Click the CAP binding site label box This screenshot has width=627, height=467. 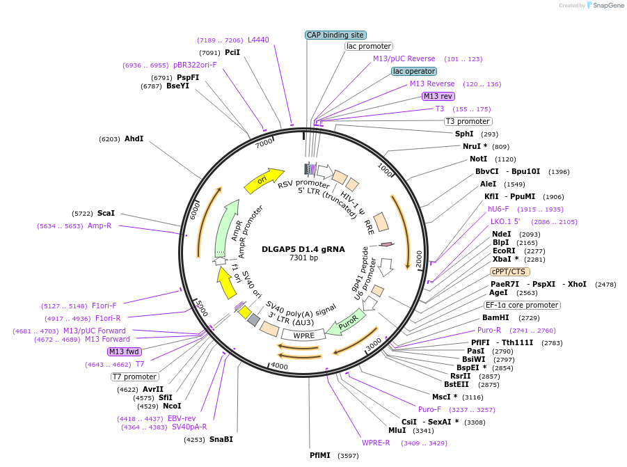[x=335, y=35]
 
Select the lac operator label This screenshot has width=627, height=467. [x=414, y=71]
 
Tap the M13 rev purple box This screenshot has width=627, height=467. [x=438, y=96]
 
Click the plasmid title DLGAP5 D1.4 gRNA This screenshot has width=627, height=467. [x=303, y=248]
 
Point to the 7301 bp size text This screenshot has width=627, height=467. [x=303, y=258]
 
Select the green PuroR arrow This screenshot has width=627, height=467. [x=346, y=325]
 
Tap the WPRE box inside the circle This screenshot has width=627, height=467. [x=304, y=335]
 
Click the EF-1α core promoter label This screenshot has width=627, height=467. [x=522, y=305]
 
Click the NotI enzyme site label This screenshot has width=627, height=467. [x=478, y=159]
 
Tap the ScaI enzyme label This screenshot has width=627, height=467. [x=106, y=213]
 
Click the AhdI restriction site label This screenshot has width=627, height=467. [x=134, y=139]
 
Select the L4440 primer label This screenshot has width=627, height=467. [x=258, y=40]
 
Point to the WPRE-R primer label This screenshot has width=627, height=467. [x=376, y=443]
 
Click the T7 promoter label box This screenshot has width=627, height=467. [x=134, y=377]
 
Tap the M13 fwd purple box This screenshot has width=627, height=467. [x=125, y=351]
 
